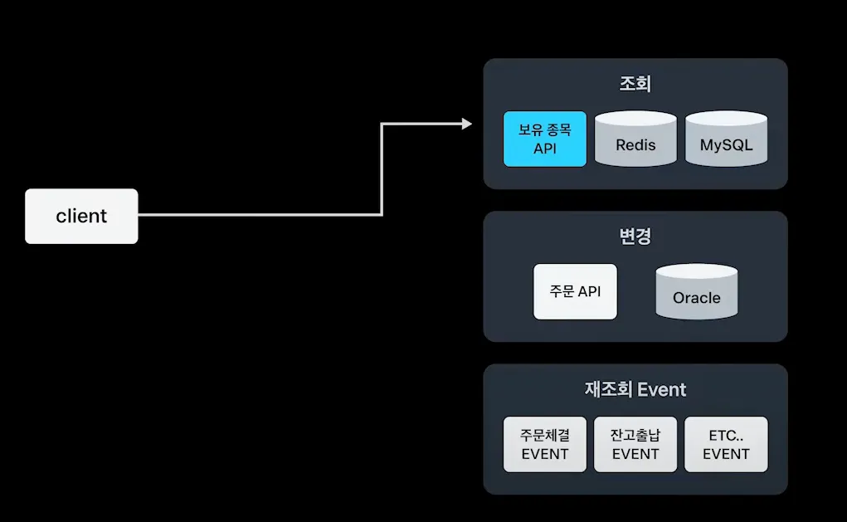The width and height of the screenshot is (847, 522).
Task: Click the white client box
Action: tap(81, 216)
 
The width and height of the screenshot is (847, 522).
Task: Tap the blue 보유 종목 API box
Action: tap(545, 139)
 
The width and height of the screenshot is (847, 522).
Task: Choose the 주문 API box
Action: tap(575, 291)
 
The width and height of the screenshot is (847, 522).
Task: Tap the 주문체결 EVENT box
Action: tap(545, 444)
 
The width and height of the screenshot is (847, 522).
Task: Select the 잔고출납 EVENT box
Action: tap(635, 444)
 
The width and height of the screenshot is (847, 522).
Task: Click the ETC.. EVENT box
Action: tap(726, 444)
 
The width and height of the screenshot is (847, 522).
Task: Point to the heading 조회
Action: tap(635, 84)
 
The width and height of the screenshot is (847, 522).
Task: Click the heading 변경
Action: tap(635, 237)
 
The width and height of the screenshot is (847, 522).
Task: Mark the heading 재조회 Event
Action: tap(635, 389)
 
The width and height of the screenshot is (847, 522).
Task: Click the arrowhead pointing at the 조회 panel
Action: tap(466, 124)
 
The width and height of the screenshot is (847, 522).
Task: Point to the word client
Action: tap(81, 216)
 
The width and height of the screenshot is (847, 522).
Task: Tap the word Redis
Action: tap(635, 145)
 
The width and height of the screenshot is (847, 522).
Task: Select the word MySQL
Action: tap(726, 145)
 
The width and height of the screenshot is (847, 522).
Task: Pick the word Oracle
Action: tap(696, 298)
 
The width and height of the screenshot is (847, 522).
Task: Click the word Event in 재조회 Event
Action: tap(662, 389)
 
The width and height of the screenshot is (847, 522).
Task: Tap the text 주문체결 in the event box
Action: tap(545, 435)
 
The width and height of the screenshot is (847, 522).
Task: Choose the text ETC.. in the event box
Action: tap(726, 435)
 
